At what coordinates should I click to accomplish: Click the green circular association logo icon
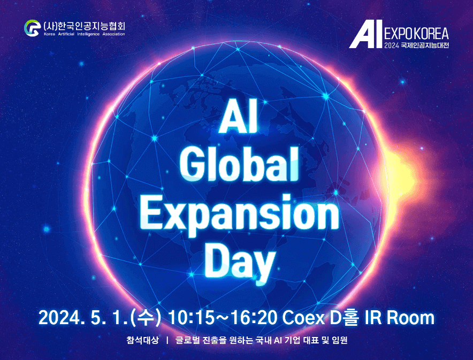coord(32,27)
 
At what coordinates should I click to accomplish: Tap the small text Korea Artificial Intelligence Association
coord(83,34)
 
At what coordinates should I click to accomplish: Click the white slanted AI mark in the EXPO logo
coord(365,35)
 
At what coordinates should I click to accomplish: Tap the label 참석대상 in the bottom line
coord(141,340)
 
